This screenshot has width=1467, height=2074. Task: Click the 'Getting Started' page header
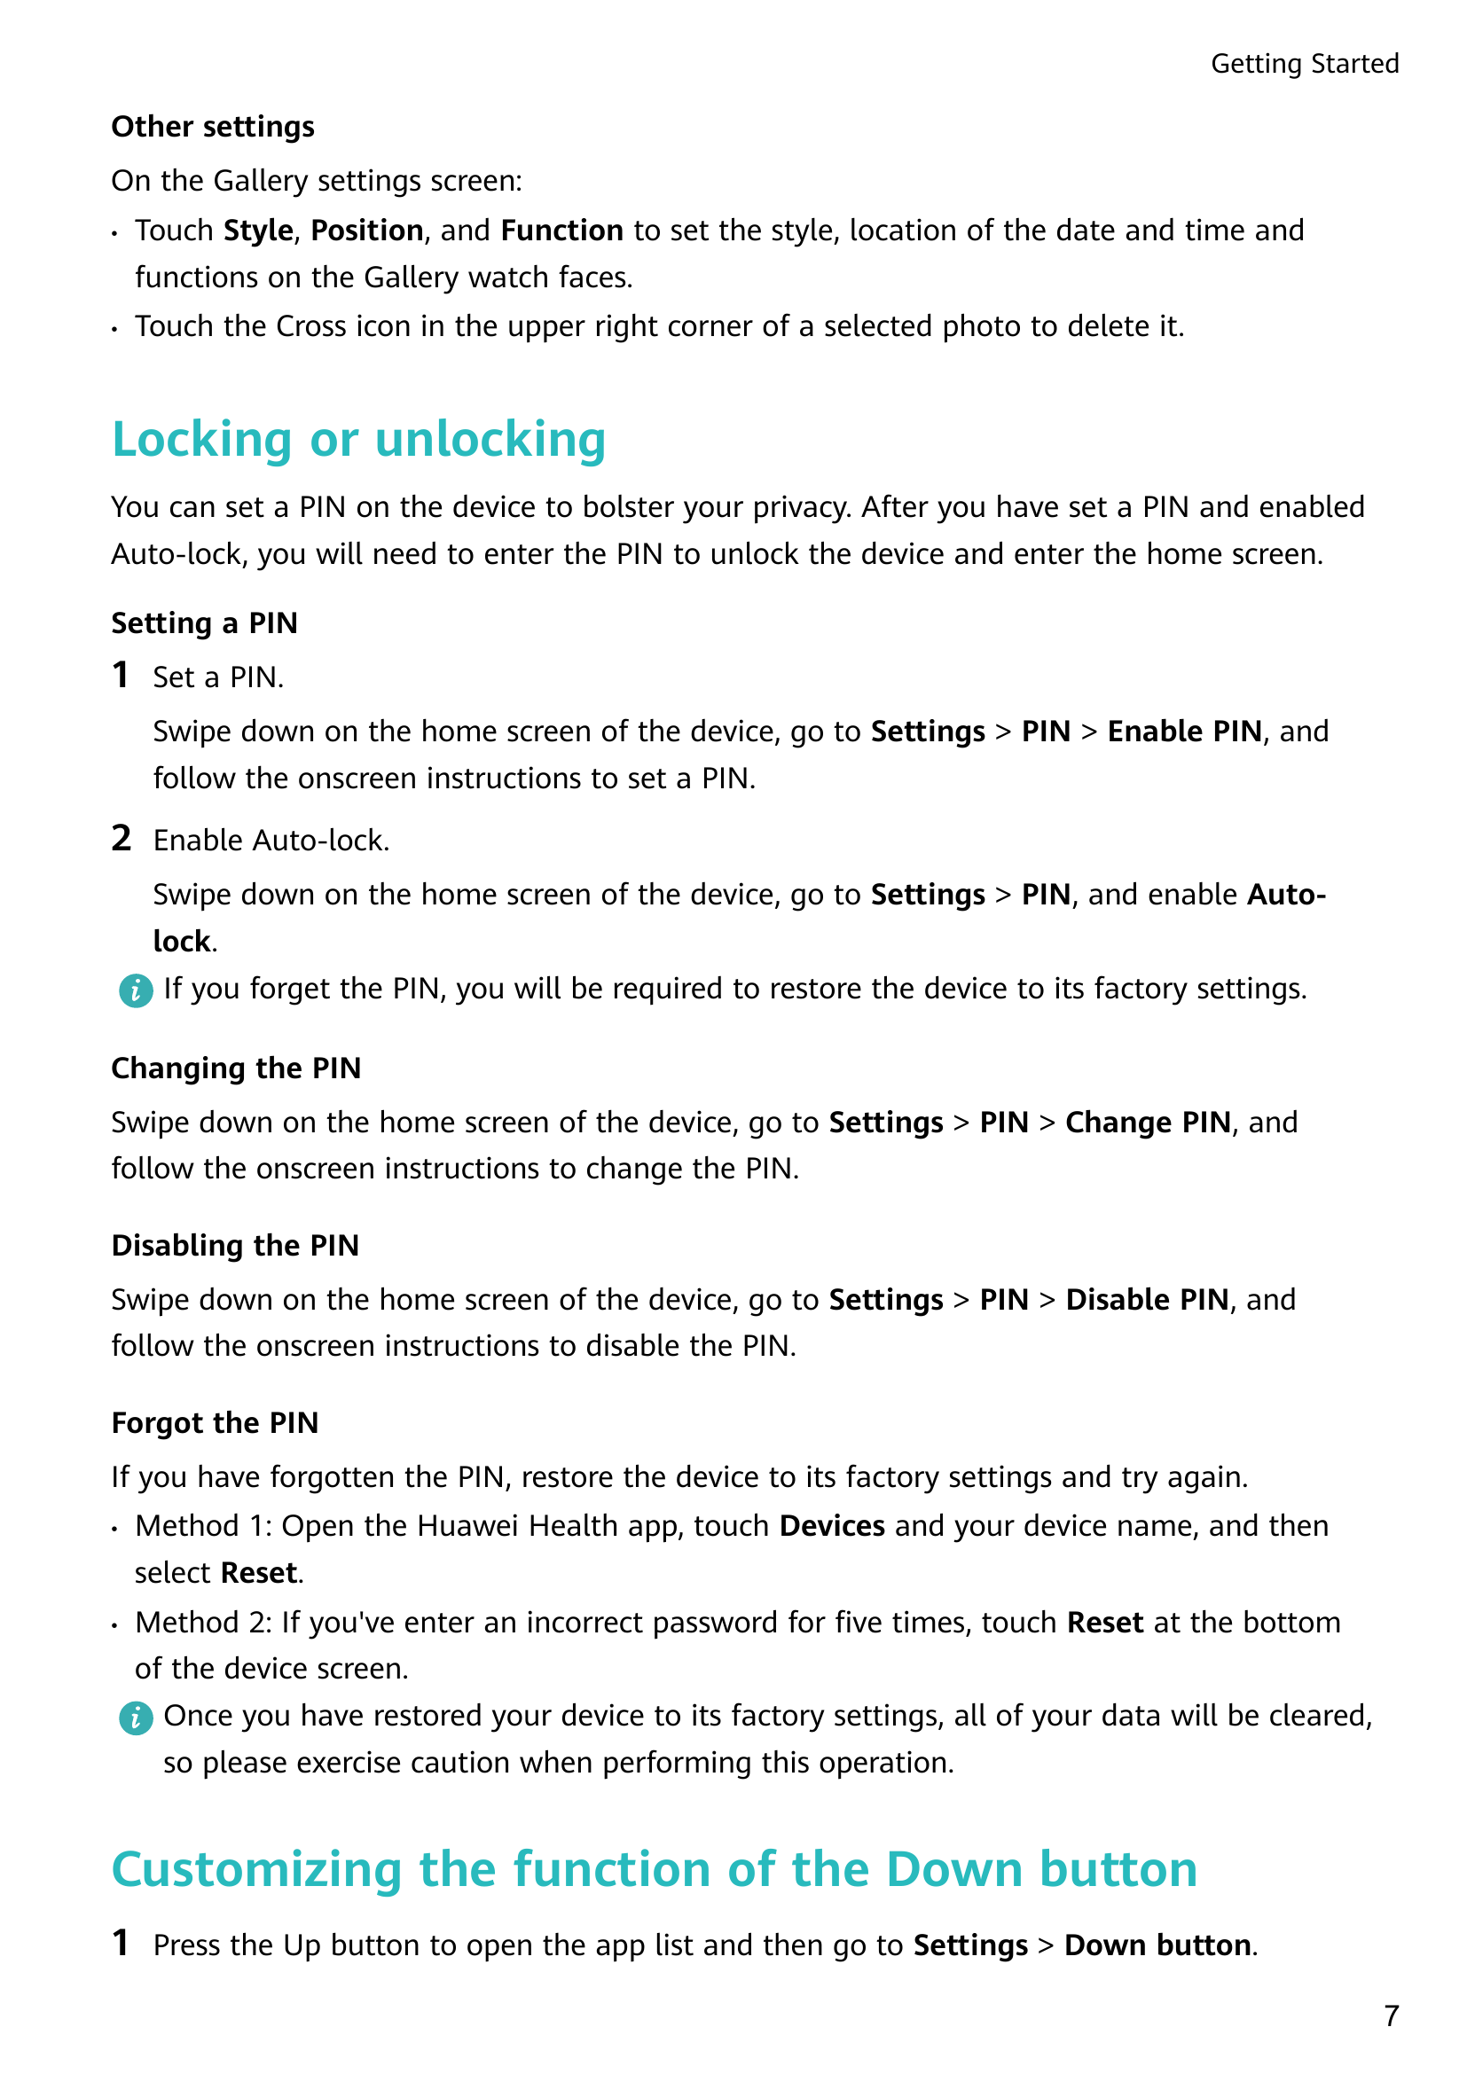pyautogui.click(x=1304, y=64)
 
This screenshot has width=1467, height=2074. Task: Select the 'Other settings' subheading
pyautogui.click(x=213, y=128)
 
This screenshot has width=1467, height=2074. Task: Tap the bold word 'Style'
pyautogui.click(x=257, y=231)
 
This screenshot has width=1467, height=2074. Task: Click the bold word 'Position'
pyautogui.click(x=367, y=231)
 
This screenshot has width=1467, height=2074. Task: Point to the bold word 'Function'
pyautogui.click(x=561, y=231)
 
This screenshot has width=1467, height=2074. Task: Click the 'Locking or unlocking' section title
pyautogui.click(x=358, y=440)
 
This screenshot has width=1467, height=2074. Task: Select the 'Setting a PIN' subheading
pyautogui.click(x=204, y=623)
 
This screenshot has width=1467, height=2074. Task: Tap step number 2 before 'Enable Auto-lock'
pyautogui.click(x=122, y=838)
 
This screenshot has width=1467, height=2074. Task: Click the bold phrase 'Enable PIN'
pyautogui.click(x=1184, y=732)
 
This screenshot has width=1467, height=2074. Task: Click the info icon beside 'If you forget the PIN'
pyautogui.click(x=136, y=991)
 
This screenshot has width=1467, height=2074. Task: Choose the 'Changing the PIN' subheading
pyautogui.click(x=236, y=1068)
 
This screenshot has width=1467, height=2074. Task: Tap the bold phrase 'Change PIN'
pyautogui.click(x=1147, y=1123)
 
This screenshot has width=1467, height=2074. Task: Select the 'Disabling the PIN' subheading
pyautogui.click(x=235, y=1246)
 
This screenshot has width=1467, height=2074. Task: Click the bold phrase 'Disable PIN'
pyautogui.click(x=1146, y=1300)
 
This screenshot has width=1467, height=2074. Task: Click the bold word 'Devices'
pyautogui.click(x=832, y=1526)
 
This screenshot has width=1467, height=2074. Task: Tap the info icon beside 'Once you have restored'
pyautogui.click(x=136, y=1718)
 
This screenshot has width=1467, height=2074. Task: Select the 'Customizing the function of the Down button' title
pyautogui.click(x=654, y=1869)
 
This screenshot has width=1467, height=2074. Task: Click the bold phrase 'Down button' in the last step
pyautogui.click(x=1157, y=1945)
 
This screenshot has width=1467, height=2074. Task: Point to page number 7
pyautogui.click(x=1391, y=2015)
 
